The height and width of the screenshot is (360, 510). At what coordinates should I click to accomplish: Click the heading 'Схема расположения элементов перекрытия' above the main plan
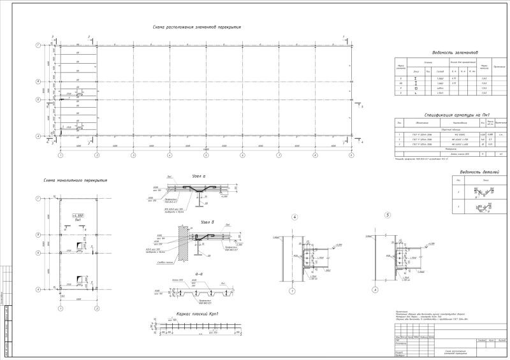(x=196, y=27)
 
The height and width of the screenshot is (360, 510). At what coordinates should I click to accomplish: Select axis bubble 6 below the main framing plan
(x=243, y=155)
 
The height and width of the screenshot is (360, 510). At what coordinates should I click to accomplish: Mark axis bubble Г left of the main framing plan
(x=38, y=46)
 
